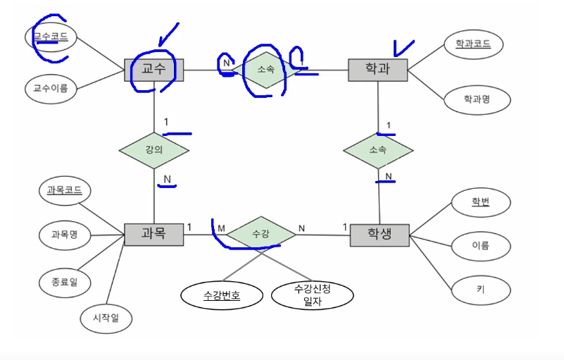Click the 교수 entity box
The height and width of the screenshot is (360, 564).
pos(153,70)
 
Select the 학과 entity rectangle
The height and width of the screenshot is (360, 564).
pos(378,70)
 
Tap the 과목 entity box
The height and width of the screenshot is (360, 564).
pos(153,234)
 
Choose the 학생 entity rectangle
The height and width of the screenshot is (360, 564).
pos(380,234)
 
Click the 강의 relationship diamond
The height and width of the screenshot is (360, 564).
pos(153,150)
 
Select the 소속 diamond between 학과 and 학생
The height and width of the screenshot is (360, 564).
pos(378,150)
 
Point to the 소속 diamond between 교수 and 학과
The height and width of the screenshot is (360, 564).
pos(266,69)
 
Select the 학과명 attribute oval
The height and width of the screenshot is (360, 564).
pos(477,99)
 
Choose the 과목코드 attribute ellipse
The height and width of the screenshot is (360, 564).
pos(64,190)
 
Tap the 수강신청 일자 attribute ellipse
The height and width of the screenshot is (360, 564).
pos(312,296)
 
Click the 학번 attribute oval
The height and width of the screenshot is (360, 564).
pos(481,203)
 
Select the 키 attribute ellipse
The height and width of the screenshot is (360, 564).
pos(481,289)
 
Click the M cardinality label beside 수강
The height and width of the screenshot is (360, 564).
pos(221,228)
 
